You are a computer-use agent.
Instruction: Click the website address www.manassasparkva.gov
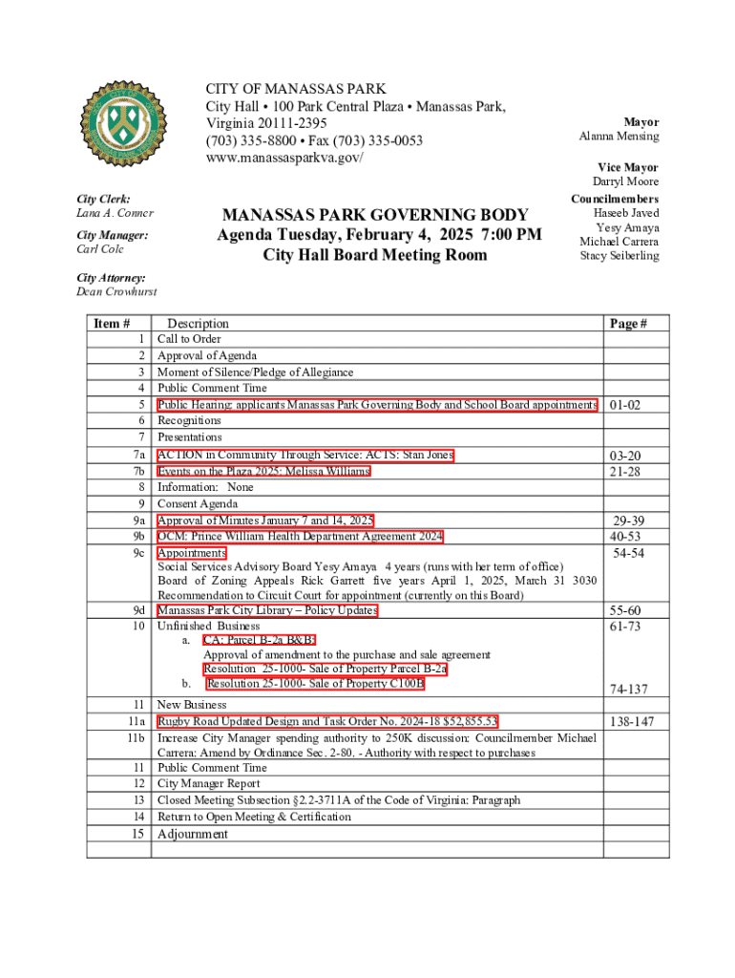pyautogui.click(x=284, y=158)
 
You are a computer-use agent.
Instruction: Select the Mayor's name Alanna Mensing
pyautogui.click(x=619, y=137)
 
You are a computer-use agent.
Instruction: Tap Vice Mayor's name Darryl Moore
pyautogui.click(x=625, y=181)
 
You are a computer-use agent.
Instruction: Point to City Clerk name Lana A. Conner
pyautogui.click(x=115, y=213)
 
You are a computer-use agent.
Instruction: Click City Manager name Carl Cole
pyautogui.click(x=100, y=249)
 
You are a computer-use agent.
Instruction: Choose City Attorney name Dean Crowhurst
pyautogui.click(x=116, y=292)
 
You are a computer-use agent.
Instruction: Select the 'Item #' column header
pyautogui.click(x=112, y=324)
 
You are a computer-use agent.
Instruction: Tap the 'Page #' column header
pyautogui.click(x=628, y=324)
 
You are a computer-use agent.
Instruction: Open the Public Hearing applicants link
pyautogui.click(x=377, y=405)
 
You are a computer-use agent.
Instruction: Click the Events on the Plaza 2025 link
pyautogui.click(x=263, y=471)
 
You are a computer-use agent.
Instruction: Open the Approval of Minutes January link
pyautogui.click(x=265, y=521)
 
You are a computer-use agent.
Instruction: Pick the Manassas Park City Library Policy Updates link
pyautogui.click(x=267, y=611)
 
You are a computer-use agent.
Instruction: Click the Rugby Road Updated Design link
pyautogui.click(x=327, y=721)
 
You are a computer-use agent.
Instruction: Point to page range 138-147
pyautogui.click(x=631, y=722)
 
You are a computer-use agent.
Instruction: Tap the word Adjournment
pyautogui.click(x=193, y=834)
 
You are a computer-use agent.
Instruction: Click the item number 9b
pyautogui.click(x=138, y=537)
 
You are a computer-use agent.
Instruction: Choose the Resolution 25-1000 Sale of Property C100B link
pyautogui.click(x=315, y=684)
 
